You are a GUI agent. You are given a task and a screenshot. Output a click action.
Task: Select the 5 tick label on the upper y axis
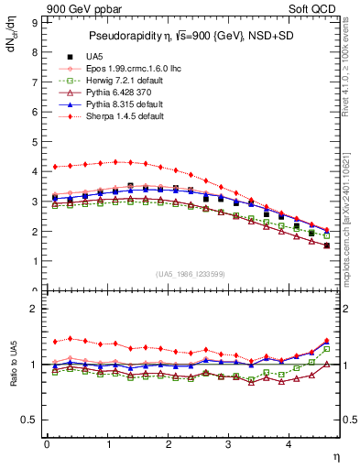[35, 141]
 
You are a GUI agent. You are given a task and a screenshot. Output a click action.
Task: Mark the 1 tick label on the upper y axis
[35, 261]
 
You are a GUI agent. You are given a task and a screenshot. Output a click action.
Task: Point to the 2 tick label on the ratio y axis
[35, 309]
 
